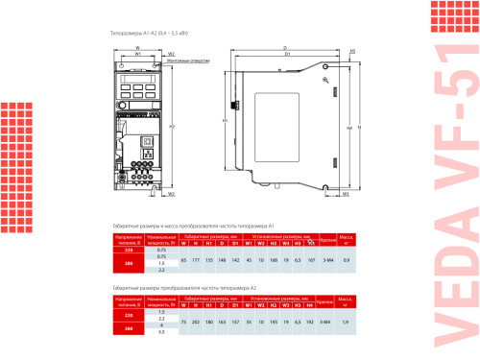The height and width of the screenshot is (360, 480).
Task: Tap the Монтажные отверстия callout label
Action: pyautogui.click(x=187, y=61)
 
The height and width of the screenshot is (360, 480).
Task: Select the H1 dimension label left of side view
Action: pyautogui.click(x=224, y=121)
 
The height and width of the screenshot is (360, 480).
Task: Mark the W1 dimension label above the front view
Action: pyautogui.click(x=137, y=55)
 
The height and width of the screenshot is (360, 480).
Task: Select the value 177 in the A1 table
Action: pyautogui.click(x=196, y=260)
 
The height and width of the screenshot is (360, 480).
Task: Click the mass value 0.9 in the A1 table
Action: pyautogui.click(x=347, y=260)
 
